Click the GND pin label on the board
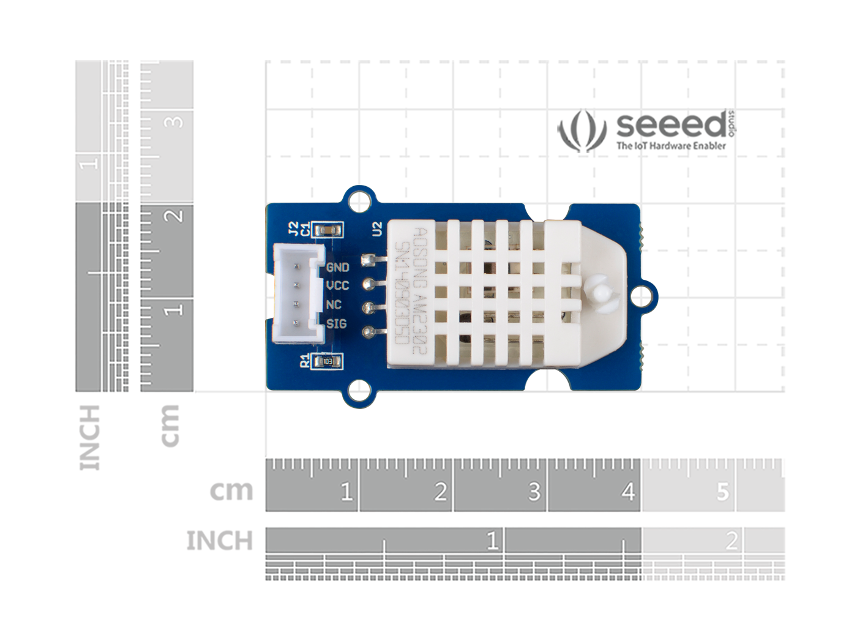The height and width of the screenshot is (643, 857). [337, 267]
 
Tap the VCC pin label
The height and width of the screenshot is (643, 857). [337, 286]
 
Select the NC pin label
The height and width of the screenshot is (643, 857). [334, 305]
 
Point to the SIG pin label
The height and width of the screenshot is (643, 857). [336, 324]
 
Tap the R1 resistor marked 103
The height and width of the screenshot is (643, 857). [327, 362]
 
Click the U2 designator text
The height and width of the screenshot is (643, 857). [377, 229]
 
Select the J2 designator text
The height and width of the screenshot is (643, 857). [293, 229]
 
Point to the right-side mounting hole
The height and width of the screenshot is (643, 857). [640, 296]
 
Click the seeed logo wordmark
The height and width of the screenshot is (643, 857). [671, 126]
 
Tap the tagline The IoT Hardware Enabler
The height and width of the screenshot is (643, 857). [671, 146]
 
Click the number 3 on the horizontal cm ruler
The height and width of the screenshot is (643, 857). [534, 492]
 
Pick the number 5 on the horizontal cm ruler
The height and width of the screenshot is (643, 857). [722, 492]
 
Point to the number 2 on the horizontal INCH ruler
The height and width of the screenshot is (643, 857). [731, 541]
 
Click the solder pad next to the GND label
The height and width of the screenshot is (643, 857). [368, 260]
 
